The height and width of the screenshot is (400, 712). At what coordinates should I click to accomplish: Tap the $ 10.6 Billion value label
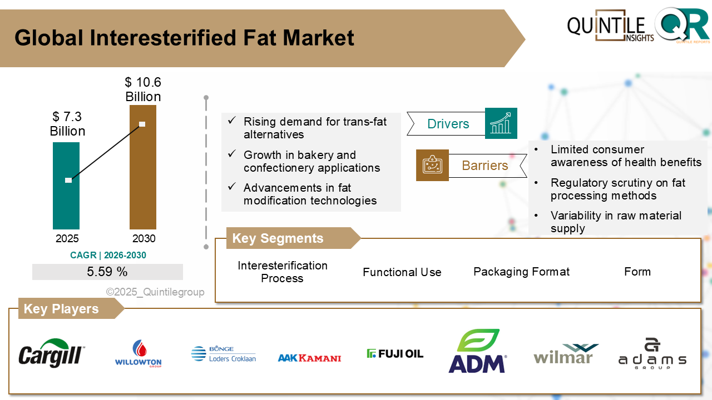point(143,89)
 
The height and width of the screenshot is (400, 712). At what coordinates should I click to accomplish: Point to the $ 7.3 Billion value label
point(67,124)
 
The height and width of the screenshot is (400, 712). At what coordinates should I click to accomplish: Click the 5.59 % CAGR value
point(107,272)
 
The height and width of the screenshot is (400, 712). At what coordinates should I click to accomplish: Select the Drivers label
point(448,124)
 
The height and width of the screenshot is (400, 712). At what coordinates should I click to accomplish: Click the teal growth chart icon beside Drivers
point(501,123)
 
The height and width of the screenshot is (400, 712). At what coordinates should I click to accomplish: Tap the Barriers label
point(484,166)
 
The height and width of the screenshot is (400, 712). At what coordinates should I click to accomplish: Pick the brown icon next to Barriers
point(432,165)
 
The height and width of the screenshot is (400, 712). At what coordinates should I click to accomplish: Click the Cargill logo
point(52,353)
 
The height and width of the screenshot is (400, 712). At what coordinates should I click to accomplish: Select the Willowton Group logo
point(138,354)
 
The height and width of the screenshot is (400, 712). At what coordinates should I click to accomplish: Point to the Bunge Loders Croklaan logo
point(223,354)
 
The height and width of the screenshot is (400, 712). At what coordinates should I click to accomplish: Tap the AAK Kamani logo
point(309,358)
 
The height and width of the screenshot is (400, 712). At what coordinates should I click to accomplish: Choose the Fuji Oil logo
point(395,353)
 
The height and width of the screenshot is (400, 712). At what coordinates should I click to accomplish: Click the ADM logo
point(477,351)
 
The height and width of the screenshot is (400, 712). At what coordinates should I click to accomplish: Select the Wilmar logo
point(566,354)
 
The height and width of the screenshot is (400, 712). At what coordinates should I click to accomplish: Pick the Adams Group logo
point(652,353)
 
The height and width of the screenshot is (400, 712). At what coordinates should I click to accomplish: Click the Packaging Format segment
point(521,272)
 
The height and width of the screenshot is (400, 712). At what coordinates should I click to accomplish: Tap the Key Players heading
point(61,309)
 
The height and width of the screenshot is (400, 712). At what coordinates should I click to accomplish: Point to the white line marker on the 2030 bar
point(142,124)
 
